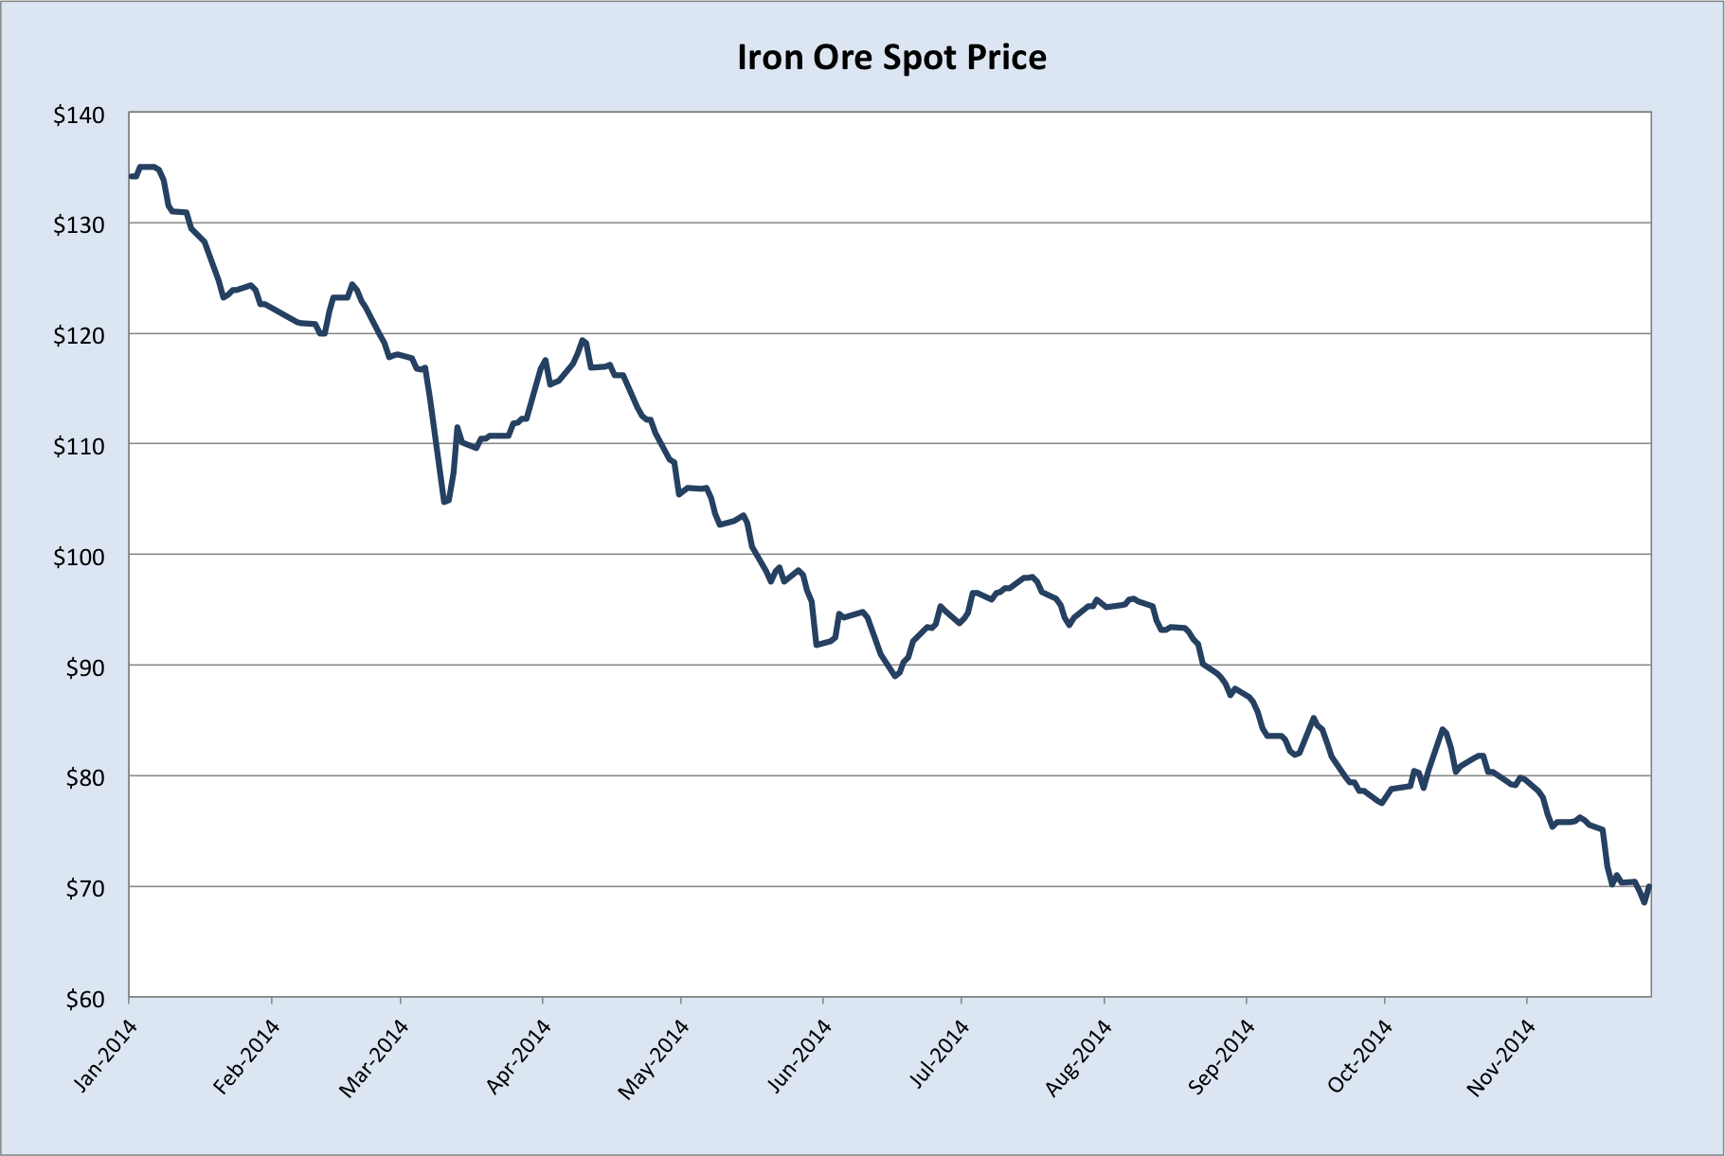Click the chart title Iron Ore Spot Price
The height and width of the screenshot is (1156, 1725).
coord(891,58)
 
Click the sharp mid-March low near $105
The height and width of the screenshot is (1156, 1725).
coord(443,502)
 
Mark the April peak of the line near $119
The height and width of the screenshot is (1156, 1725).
coord(583,340)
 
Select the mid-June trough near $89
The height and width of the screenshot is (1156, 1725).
coord(895,676)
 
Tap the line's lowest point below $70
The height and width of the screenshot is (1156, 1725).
coord(1644,902)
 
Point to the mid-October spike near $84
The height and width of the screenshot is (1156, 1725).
coord(1442,729)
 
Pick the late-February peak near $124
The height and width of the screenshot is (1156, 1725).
coord(352,284)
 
